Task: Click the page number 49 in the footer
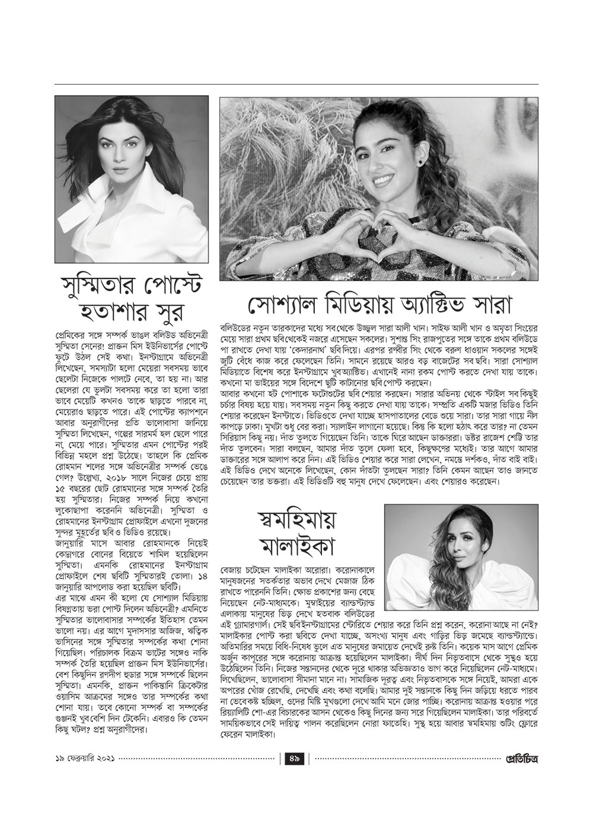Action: point(296,774)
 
